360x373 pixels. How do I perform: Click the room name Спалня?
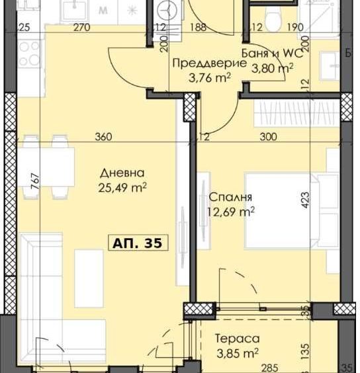231,197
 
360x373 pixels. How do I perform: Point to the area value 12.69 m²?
232,212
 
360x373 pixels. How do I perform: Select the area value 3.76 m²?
210,77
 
